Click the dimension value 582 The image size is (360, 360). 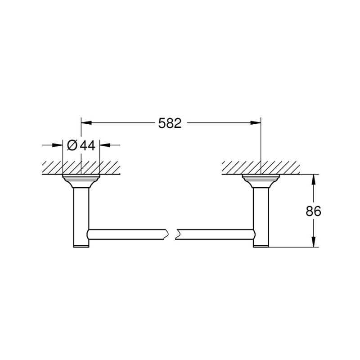[x=170, y=123]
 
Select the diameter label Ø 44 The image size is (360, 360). [x=81, y=145]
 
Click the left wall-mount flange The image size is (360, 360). [x=81, y=180]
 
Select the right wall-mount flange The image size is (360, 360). [x=261, y=180]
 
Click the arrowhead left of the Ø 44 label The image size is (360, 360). [x=58, y=145]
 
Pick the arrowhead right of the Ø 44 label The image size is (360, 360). [x=104, y=145]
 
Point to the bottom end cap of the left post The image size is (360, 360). [x=81, y=245]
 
